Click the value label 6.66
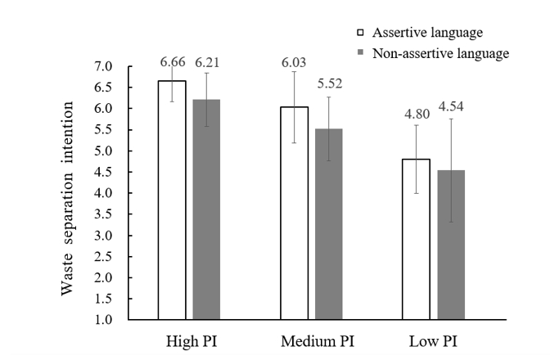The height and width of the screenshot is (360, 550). (172, 61)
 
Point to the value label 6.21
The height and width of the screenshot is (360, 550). (208, 61)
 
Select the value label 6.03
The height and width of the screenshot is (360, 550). (295, 61)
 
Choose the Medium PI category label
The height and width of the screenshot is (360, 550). (312, 340)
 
